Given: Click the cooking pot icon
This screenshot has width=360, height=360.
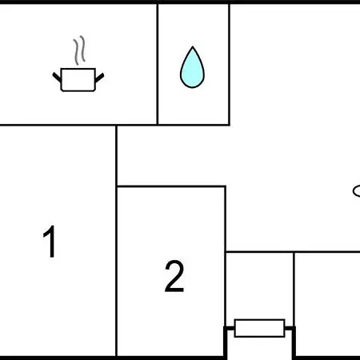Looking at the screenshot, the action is (x=78, y=80).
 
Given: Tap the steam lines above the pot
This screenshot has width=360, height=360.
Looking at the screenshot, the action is (x=79, y=50).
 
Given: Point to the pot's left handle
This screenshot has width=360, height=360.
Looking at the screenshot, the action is (x=57, y=77).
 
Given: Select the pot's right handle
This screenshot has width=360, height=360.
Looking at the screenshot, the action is (x=99, y=78).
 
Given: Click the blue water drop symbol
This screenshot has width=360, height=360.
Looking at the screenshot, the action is (x=192, y=67).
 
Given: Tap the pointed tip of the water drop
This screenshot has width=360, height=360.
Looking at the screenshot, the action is (x=193, y=47).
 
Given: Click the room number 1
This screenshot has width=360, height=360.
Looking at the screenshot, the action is (x=50, y=242).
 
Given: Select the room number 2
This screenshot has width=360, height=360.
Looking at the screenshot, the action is (x=174, y=276).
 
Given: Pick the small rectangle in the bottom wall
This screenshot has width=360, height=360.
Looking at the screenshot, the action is (x=259, y=328).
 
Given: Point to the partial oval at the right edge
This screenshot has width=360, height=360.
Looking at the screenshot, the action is (x=356, y=191).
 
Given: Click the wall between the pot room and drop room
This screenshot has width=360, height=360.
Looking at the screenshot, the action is (x=158, y=64).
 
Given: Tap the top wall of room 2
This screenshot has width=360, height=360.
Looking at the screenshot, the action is (x=171, y=186).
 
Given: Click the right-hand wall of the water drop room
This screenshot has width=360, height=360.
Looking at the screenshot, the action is (x=229, y=64).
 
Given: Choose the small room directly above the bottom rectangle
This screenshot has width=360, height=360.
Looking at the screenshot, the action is (x=260, y=286).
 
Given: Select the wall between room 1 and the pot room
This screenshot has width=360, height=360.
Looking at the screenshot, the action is (x=58, y=125).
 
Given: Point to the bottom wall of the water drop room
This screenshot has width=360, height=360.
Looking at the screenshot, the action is (x=194, y=125).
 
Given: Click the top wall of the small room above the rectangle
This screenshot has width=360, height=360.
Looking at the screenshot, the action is (x=260, y=251).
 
